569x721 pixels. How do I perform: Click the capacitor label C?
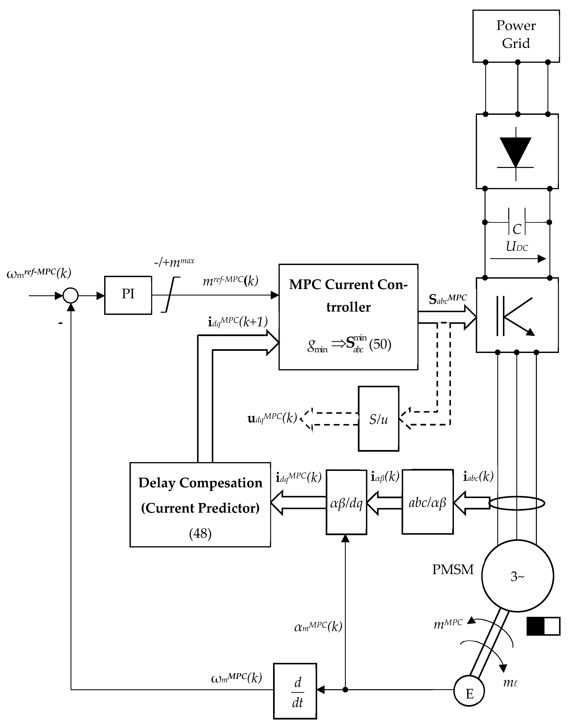[x=517, y=229]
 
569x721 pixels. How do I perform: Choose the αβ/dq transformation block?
[x=346, y=502]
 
